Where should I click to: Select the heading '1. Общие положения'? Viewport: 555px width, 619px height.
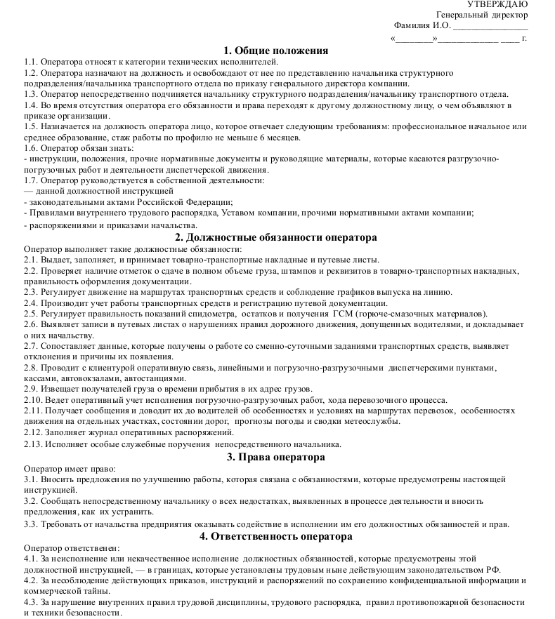point(276,51)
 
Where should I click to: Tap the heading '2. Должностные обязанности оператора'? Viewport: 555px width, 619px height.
point(276,238)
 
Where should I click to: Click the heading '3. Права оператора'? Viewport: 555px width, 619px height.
point(276,457)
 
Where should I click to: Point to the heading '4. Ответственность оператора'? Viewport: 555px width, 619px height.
point(276,536)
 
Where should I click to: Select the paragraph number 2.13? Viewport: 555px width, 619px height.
point(34,444)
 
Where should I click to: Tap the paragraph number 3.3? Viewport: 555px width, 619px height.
point(32,524)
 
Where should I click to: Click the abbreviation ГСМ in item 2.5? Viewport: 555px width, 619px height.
point(341,313)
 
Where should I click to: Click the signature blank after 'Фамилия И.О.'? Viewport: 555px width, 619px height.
point(490,27)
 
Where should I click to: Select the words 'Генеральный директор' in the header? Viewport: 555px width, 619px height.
point(481,15)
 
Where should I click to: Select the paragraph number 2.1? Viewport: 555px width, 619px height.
point(32,259)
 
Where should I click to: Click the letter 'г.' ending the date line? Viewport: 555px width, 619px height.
point(524,38)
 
